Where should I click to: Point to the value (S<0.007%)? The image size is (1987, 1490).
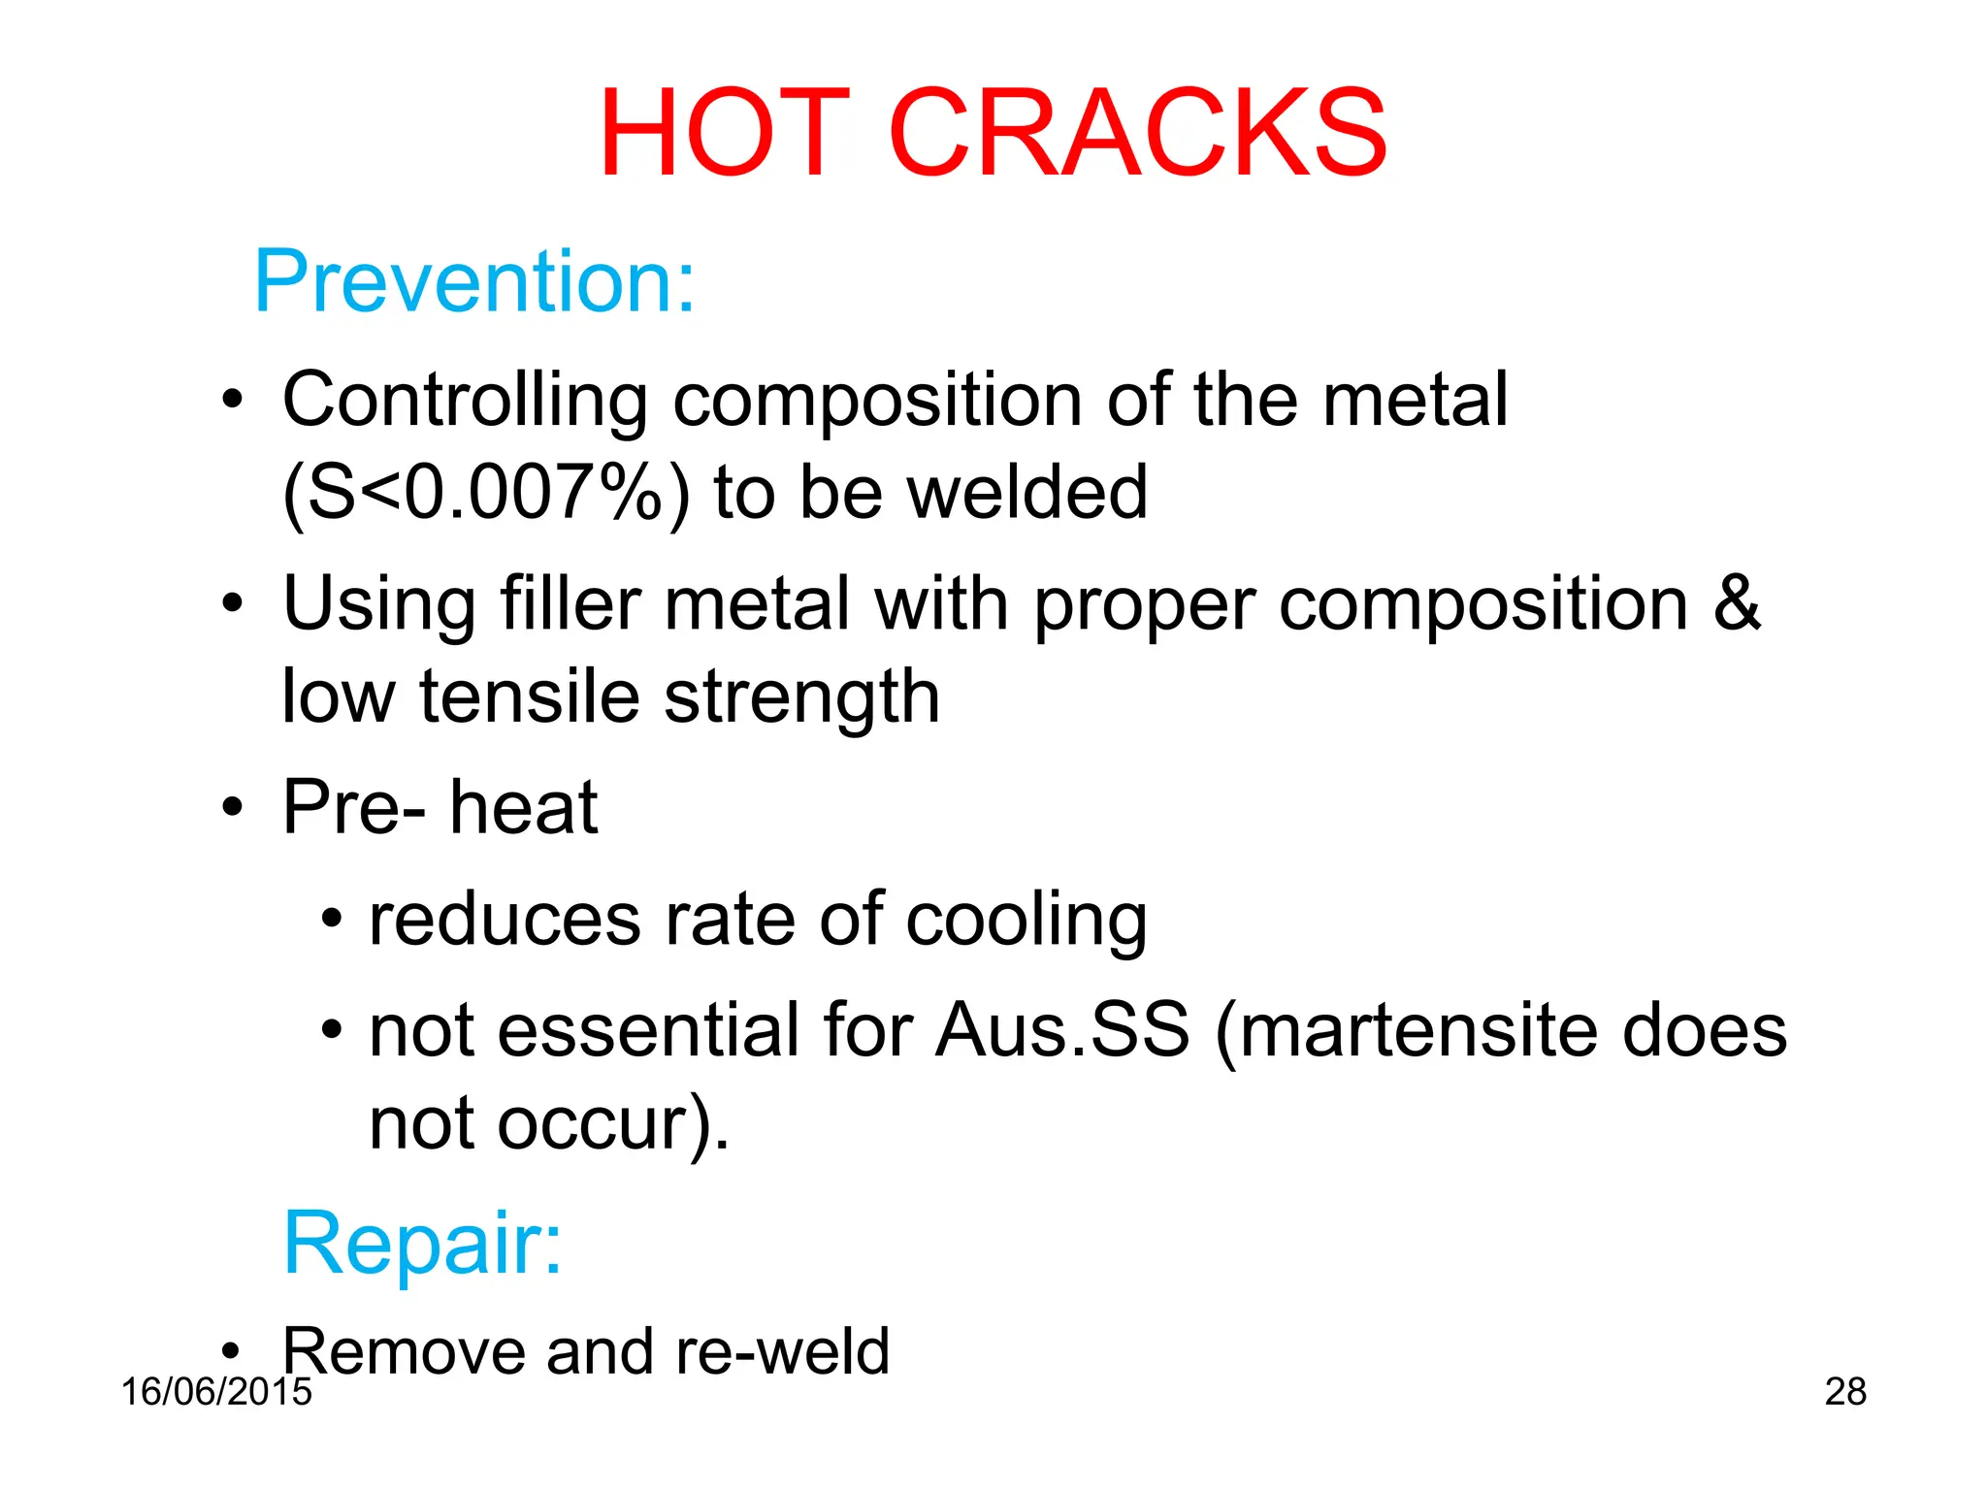point(486,493)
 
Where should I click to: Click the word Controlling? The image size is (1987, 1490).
point(465,400)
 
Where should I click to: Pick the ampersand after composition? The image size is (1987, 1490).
point(1737,602)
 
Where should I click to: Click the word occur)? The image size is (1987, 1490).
point(612,1124)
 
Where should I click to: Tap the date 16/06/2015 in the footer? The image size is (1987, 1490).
point(216,1391)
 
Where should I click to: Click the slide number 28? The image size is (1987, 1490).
point(1845,1391)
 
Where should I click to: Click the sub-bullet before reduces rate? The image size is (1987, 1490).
point(332,917)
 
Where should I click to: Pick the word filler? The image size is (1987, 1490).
point(570,602)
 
